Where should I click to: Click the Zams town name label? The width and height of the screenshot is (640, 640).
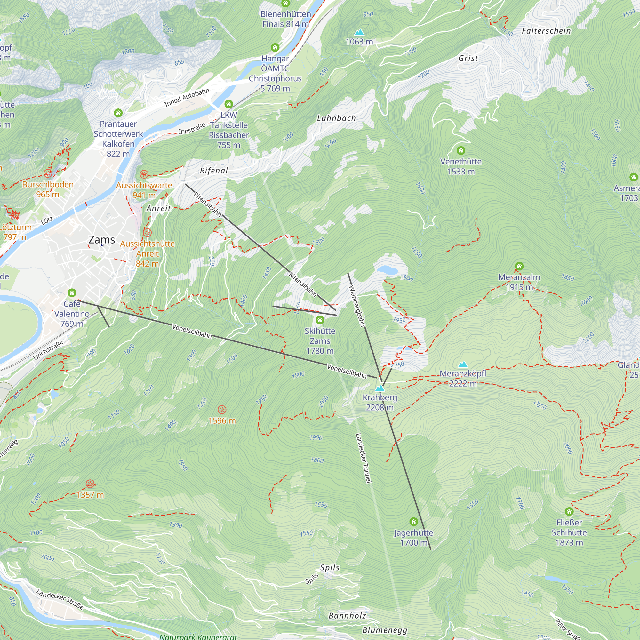click(x=101, y=239)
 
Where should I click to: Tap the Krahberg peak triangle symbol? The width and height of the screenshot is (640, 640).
click(x=380, y=388)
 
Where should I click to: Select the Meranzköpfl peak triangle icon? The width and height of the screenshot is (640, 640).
click(x=462, y=364)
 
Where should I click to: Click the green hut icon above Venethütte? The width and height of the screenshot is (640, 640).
click(x=460, y=151)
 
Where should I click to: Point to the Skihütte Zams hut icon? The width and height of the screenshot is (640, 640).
click(x=320, y=320)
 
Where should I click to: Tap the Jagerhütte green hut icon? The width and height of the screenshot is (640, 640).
click(x=413, y=522)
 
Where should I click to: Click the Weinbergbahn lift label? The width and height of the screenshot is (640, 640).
click(x=357, y=306)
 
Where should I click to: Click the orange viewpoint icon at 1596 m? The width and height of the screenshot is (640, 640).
click(x=222, y=410)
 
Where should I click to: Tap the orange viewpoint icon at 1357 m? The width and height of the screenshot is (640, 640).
click(x=90, y=484)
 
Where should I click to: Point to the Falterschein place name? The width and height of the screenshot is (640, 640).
click(x=546, y=31)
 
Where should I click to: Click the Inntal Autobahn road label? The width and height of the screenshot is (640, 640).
click(x=187, y=97)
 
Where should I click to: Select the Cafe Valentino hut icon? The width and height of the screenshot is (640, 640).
click(x=72, y=293)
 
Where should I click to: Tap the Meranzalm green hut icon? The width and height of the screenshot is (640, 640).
click(x=519, y=266)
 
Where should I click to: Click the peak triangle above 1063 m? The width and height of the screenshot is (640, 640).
click(x=359, y=32)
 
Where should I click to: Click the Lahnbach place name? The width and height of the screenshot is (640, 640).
click(x=336, y=118)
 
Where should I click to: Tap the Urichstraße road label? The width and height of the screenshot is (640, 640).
click(x=48, y=350)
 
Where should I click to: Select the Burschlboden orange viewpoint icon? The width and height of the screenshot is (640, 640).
click(x=48, y=173)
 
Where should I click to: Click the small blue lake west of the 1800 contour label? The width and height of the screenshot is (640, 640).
click(x=387, y=270)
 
